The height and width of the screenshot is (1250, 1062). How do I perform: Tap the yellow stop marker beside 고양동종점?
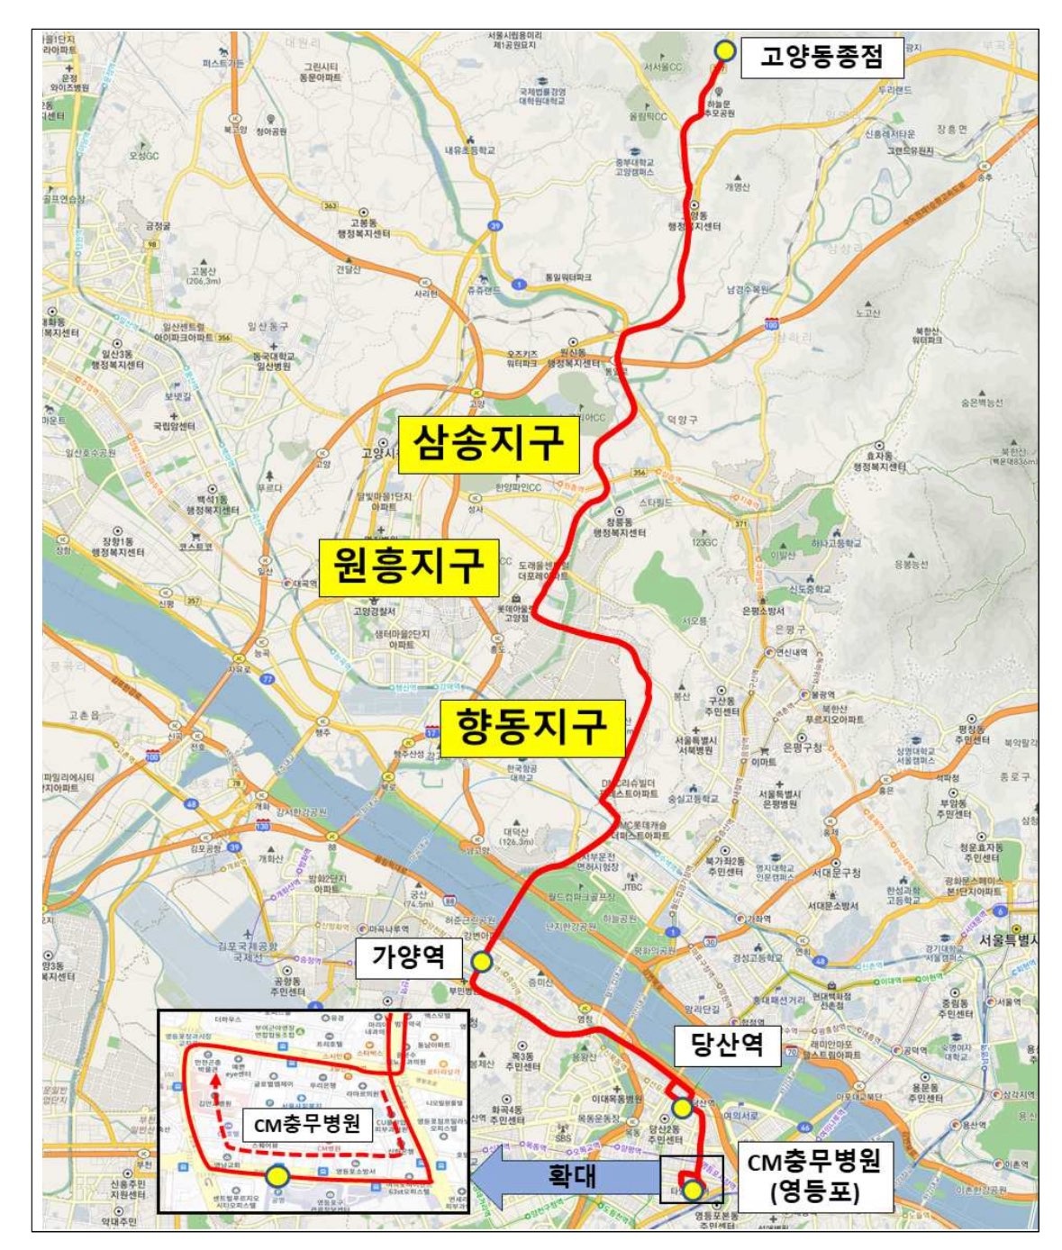[724, 50]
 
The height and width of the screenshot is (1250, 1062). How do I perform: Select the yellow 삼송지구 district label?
[488, 443]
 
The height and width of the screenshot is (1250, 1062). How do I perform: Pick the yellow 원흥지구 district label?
[409, 566]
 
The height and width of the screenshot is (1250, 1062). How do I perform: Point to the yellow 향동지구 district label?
[531, 726]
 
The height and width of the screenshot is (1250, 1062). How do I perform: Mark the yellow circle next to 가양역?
[482, 962]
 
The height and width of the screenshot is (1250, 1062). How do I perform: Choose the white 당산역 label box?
[727, 1046]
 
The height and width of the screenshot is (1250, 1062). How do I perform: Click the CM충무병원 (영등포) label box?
[813, 1174]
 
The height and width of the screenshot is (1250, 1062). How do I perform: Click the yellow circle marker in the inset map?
[278, 1175]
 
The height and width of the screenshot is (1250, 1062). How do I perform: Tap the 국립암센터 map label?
[174, 426]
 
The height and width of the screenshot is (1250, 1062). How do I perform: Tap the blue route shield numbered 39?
[494, 225]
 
